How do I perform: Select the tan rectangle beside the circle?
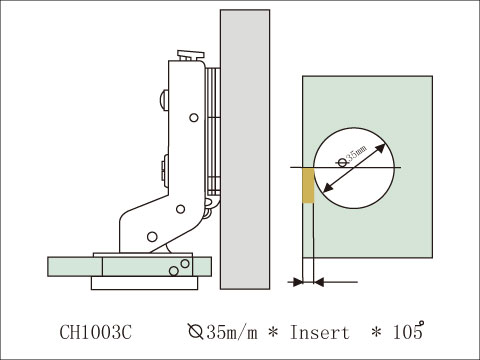[x=308, y=185]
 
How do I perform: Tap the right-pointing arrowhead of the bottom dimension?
[x=299, y=283]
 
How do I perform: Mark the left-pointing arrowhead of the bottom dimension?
[x=321, y=283]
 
